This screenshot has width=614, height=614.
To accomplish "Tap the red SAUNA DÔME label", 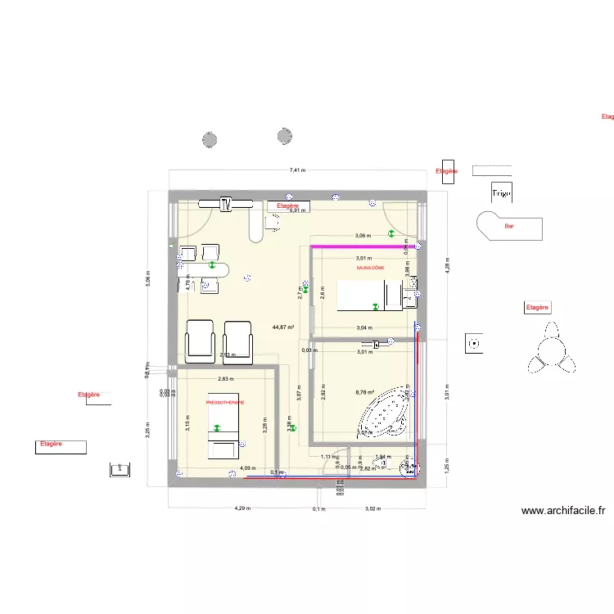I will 370,268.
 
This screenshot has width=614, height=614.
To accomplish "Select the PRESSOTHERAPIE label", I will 225,403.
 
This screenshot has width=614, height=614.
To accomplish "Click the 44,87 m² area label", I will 284,327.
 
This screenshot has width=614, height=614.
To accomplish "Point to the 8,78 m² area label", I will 365,392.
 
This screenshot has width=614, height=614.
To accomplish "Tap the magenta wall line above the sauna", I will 359,246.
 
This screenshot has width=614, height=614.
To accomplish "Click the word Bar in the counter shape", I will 509,226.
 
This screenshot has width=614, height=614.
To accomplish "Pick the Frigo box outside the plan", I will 501,193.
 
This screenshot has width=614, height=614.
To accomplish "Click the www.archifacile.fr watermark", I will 563,511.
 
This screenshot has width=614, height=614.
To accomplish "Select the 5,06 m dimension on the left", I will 147,280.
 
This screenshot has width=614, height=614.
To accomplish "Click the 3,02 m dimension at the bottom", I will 372,508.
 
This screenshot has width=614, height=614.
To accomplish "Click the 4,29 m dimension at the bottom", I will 242,508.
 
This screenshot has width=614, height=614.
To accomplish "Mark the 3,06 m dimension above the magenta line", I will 363,237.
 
